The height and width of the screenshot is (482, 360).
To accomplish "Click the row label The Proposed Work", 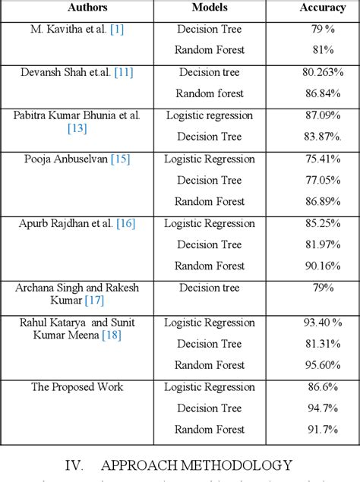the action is pos(76,387).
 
